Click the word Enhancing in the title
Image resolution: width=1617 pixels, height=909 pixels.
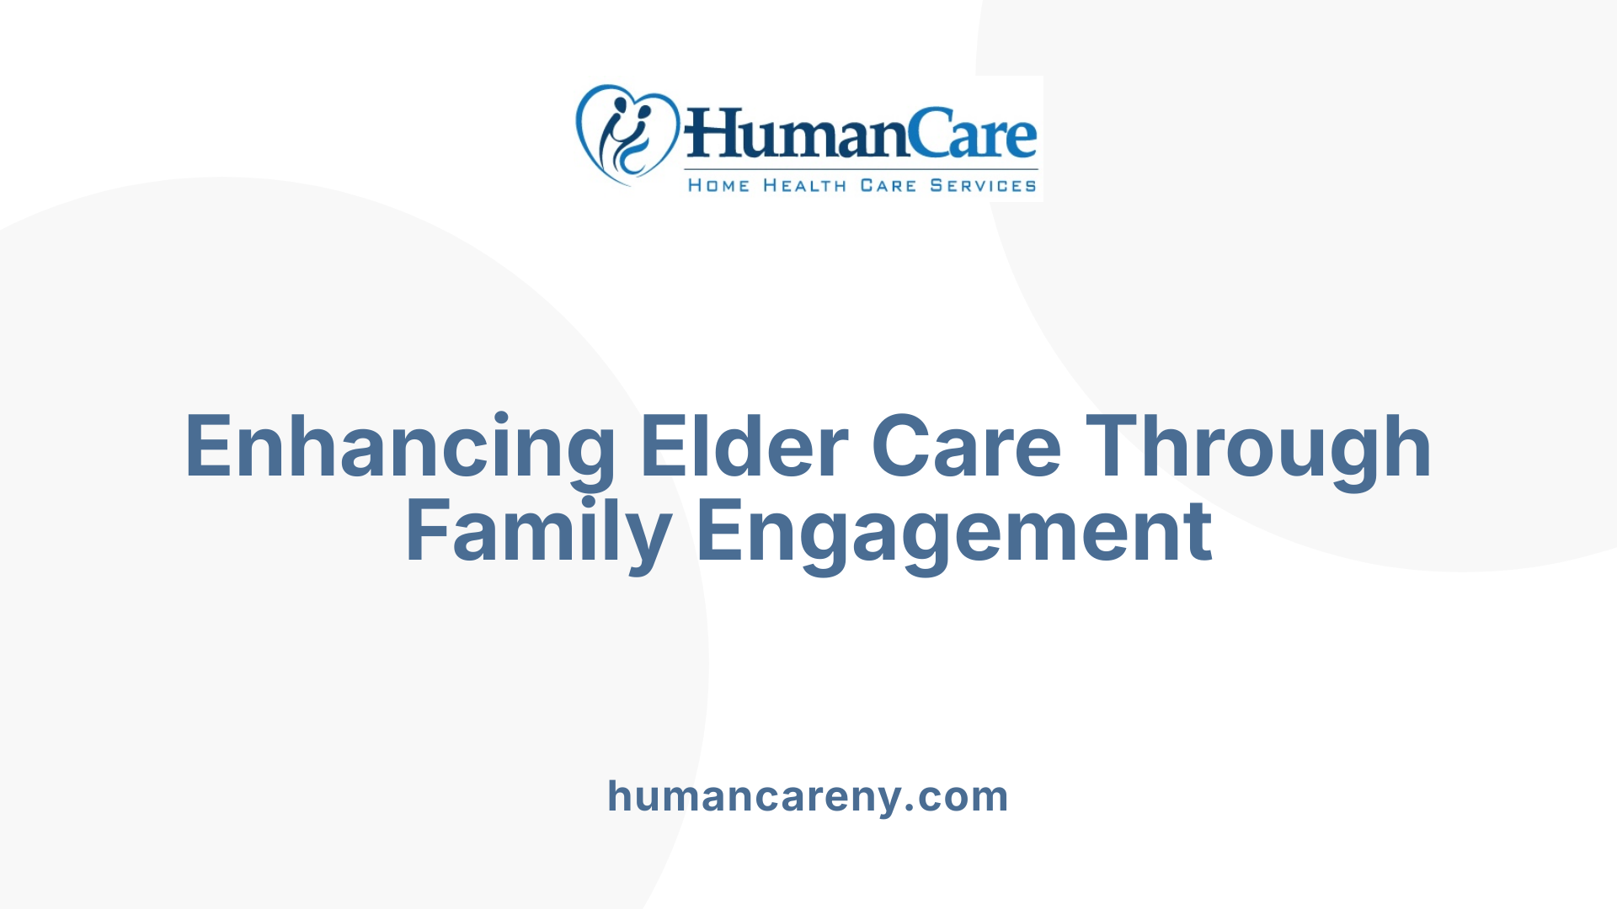[x=399, y=448]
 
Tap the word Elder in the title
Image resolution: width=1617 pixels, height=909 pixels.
[x=744, y=448]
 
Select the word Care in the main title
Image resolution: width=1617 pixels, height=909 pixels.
[x=966, y=448]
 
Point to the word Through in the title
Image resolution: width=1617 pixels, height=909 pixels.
[x=1258, y=448]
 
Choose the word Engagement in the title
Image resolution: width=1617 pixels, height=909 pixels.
[x=954, y=532]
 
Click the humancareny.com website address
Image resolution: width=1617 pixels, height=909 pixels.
[x=808, y=796]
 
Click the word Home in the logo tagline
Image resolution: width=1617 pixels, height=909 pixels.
[x=718, y=185]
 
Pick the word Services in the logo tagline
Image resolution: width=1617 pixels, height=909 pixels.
[x=983, y=185]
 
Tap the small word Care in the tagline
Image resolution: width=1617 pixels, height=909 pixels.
[x=888, y=185]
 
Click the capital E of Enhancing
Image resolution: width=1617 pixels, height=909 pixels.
[x=206, y=448]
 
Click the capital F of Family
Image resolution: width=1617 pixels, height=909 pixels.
[x=426, y=532]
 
